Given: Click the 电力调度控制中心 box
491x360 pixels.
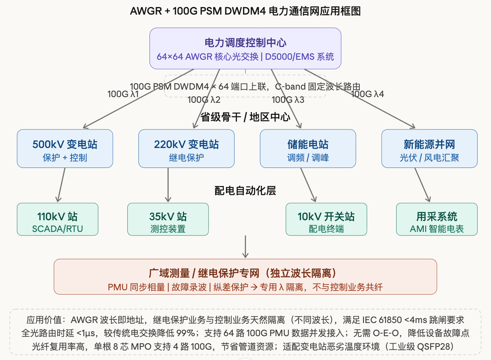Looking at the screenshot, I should pos(245,48).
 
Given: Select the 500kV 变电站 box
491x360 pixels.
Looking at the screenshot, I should pos(65,149).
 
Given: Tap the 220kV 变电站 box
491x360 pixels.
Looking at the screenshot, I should pos(186,149).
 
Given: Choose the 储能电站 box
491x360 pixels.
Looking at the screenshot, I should pos(308,149).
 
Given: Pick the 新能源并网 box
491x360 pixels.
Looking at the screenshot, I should pos(429,149).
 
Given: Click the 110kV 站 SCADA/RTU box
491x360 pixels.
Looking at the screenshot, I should pos(57,219).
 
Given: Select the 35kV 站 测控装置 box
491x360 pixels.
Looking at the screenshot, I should pos(168,219).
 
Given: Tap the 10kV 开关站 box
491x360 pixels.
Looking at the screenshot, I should pos(326,219).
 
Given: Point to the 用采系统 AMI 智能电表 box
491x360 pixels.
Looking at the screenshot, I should pos(437,219).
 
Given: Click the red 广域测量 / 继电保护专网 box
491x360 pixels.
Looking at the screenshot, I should pos(245,277).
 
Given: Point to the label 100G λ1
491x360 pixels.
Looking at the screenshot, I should pos(123,94).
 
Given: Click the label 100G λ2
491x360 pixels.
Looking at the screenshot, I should pos(204,100).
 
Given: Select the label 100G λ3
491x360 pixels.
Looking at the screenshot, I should pos(288,100).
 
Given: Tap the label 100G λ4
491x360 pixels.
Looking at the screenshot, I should pos(367,94).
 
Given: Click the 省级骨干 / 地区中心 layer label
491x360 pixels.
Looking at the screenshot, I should pos(245,117).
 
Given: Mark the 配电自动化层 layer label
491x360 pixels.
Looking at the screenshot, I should pos(245,191).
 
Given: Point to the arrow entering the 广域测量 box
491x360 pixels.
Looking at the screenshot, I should pos(245,247).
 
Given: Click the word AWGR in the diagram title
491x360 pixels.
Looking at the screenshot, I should pos(146,11).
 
